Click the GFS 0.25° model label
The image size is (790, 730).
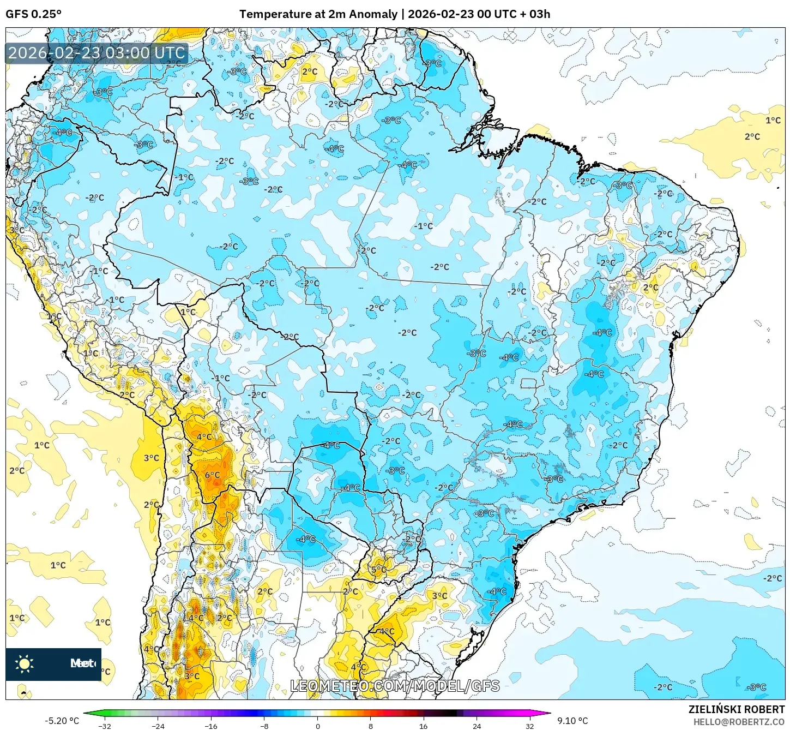pos(33,14)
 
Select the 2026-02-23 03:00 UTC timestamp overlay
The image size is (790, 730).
pos(97,53)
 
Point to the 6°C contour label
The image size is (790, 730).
pos(212,475)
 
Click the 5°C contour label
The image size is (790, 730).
pos(378,570)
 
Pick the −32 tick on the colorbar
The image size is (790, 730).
pos(104,726)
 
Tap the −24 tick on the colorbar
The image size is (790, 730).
pos(158,726)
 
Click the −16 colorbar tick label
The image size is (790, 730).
pos(211,726)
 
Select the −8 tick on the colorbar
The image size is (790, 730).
pos(264,726)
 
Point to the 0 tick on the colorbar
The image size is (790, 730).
pos(317,726)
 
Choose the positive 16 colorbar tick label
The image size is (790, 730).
pos(424,726)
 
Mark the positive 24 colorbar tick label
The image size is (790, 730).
pos(477,726)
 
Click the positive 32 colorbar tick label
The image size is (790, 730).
pos(529,726)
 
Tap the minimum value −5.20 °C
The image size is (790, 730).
pos(62,721)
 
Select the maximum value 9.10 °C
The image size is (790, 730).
pos(572,721)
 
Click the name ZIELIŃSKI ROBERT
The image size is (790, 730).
pos(736,710)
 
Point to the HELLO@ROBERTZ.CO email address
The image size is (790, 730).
pos(739,722)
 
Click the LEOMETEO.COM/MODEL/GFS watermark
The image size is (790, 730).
pos(395,686)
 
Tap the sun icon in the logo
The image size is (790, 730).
pos(25,663)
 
